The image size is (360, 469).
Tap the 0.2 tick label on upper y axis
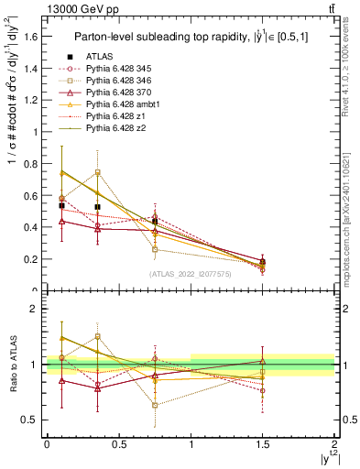[x=29, y=259]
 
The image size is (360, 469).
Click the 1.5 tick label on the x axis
[x=263, y=445]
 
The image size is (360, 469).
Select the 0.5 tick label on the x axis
[x=118, y=445]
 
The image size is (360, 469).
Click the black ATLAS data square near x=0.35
[x=97, y=207]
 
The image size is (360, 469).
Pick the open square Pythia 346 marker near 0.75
[x=155, y=249]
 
